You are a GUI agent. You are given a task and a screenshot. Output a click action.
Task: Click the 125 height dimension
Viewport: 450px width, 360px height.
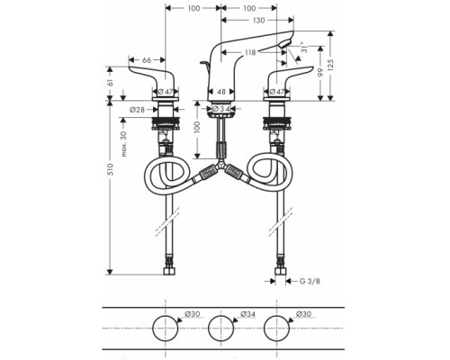click(x=332, y=64)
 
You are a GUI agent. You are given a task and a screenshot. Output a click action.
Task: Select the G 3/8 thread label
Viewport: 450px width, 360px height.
click(x=309, y=280)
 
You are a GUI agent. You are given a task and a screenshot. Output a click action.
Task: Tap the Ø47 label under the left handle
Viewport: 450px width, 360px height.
click(x=166, y=91)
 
